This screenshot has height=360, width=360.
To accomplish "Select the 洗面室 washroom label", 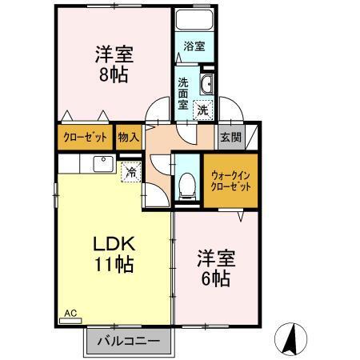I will coord(183,93).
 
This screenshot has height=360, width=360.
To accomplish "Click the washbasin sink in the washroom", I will coord(206,84).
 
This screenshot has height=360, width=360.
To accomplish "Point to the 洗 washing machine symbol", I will coord(204,109).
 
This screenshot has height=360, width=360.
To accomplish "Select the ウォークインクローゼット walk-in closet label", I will coord(231,180).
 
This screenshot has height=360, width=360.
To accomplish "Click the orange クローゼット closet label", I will coord(84,136).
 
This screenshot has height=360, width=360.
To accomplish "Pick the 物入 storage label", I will coord(128,136).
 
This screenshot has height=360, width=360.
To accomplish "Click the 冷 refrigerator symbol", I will coord(130,171).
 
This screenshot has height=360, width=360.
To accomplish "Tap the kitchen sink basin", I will coord(102,164).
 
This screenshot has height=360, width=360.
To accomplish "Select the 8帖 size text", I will coord(114,75).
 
